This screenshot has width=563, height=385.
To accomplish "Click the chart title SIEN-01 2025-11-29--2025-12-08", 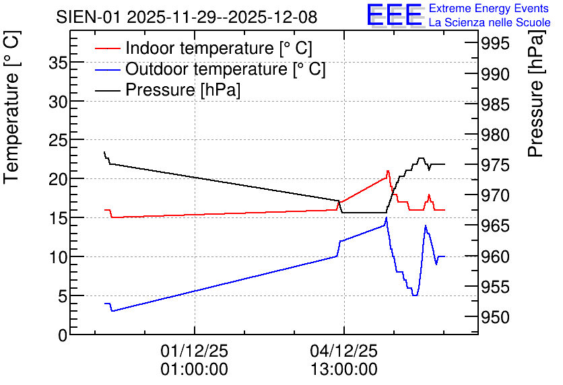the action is [187, 17].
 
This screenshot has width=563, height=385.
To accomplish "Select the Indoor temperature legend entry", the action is [203, 48].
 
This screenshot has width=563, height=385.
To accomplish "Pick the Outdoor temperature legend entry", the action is [210, 69].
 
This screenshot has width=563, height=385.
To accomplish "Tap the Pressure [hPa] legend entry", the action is [168, 90].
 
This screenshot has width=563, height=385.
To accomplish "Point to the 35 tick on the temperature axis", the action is [58, 63].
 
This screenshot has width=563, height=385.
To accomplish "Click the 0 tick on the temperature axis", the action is [63, 335].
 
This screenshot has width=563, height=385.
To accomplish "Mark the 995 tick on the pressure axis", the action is [495, 44].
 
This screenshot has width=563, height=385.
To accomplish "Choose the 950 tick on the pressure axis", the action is [495, 317].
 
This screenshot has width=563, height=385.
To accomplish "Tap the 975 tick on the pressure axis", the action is [495, 166].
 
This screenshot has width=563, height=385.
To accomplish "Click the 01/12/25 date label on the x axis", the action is [194, 351].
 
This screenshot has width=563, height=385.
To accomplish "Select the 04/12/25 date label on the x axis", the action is [344, 351].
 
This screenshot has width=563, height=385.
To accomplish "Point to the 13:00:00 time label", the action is [344, 370].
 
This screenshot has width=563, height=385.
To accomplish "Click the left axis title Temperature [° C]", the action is [11, 107].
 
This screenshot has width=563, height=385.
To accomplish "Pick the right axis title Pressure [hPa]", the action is [535, 94].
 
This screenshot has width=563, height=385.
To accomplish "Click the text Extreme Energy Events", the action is [489, 8].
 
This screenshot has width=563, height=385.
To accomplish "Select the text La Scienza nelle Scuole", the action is [490, 22].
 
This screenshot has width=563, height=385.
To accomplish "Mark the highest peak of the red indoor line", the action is [388, 171].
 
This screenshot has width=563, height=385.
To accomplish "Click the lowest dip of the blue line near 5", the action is [415, 295].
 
